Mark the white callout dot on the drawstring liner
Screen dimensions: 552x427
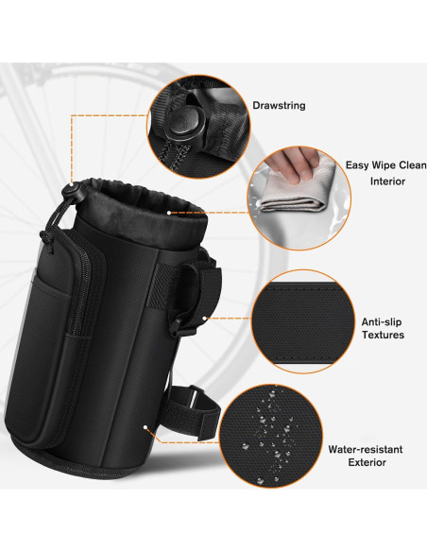coord(169,213)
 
